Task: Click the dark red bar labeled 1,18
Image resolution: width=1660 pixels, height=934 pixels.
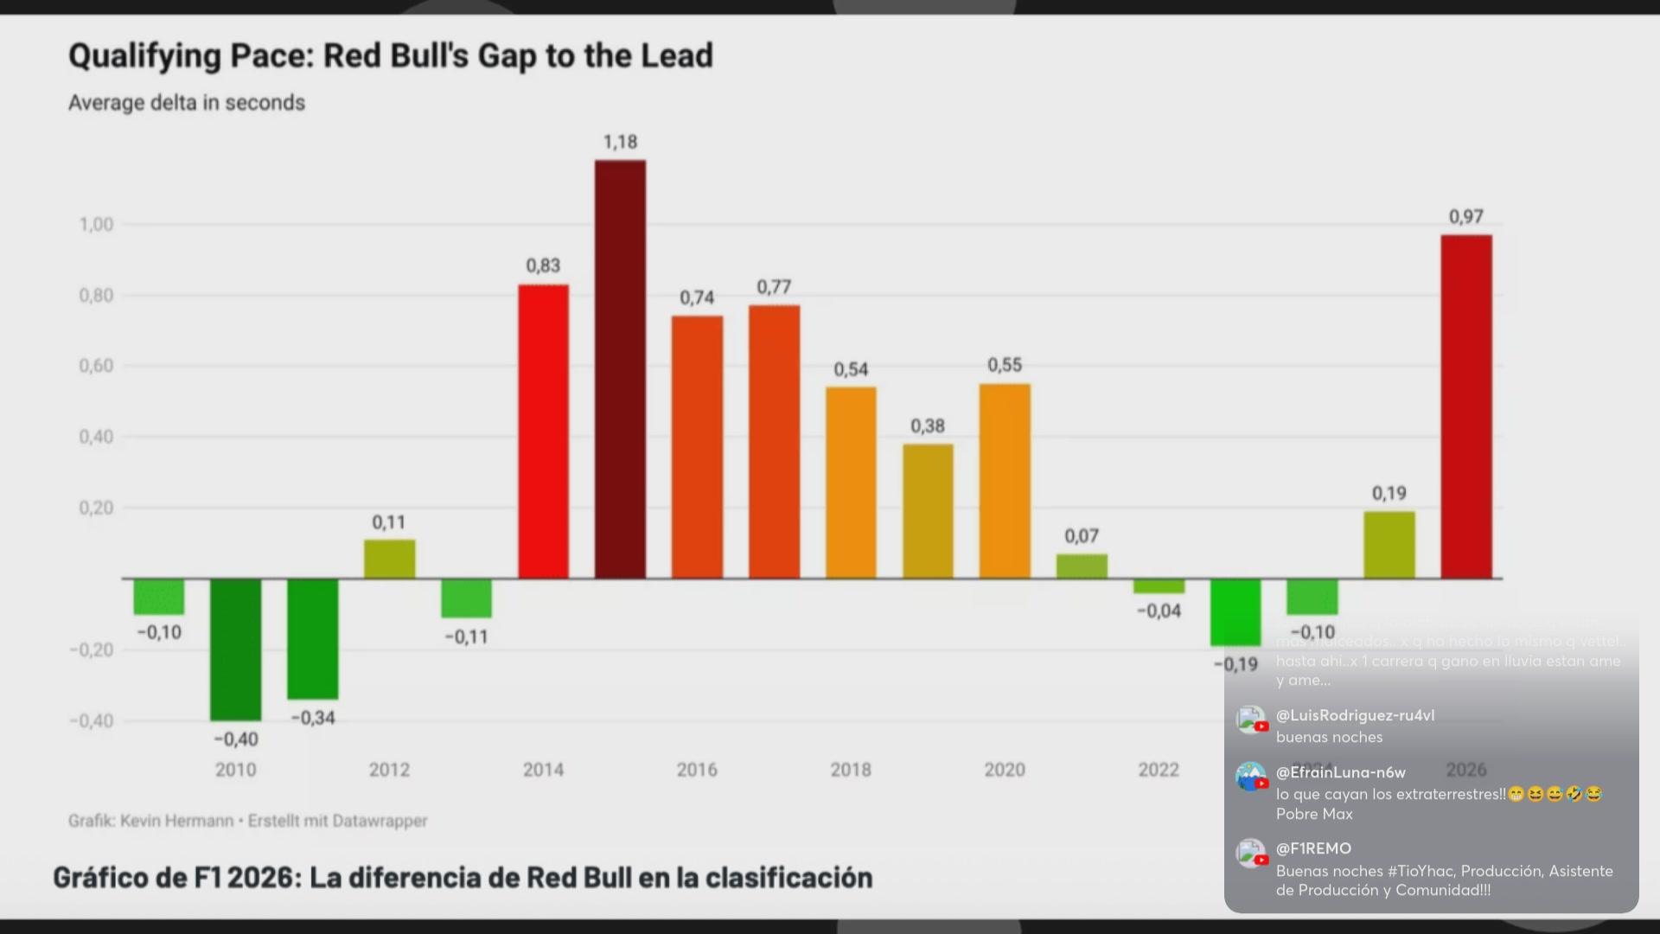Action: click(620, 369)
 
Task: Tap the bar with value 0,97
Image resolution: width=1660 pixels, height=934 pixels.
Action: click(1465, 406)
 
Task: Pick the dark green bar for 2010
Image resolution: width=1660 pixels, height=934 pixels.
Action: click(235, 649)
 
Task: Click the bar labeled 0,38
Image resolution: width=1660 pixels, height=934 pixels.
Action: click(928, 511)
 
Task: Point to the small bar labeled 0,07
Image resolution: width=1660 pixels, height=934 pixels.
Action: click(1082, 566)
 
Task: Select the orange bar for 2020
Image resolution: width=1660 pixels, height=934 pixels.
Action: click(1005, 481)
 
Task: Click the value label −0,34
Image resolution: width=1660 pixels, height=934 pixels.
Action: click(312, 718)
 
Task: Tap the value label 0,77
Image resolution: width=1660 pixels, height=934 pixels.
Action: click(774, 287)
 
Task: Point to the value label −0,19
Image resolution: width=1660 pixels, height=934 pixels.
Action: click(1235, 664)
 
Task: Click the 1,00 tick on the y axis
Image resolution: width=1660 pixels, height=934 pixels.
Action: click(96, 225)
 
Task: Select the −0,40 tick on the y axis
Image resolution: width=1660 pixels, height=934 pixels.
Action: click(91, 721)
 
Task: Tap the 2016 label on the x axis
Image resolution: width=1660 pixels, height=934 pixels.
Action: click(697, 770)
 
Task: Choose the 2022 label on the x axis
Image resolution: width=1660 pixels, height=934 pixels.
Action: click(1159, 770)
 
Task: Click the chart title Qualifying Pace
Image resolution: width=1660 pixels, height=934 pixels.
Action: click(391, 56)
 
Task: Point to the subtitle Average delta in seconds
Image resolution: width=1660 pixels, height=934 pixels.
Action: click(187, 103)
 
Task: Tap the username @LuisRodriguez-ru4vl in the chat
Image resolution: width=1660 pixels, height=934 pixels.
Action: click(1355, 715)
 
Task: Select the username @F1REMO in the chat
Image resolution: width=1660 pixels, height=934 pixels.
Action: click(1313, 848)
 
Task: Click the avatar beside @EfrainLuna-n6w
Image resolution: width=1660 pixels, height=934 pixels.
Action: click(1250, 776)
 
